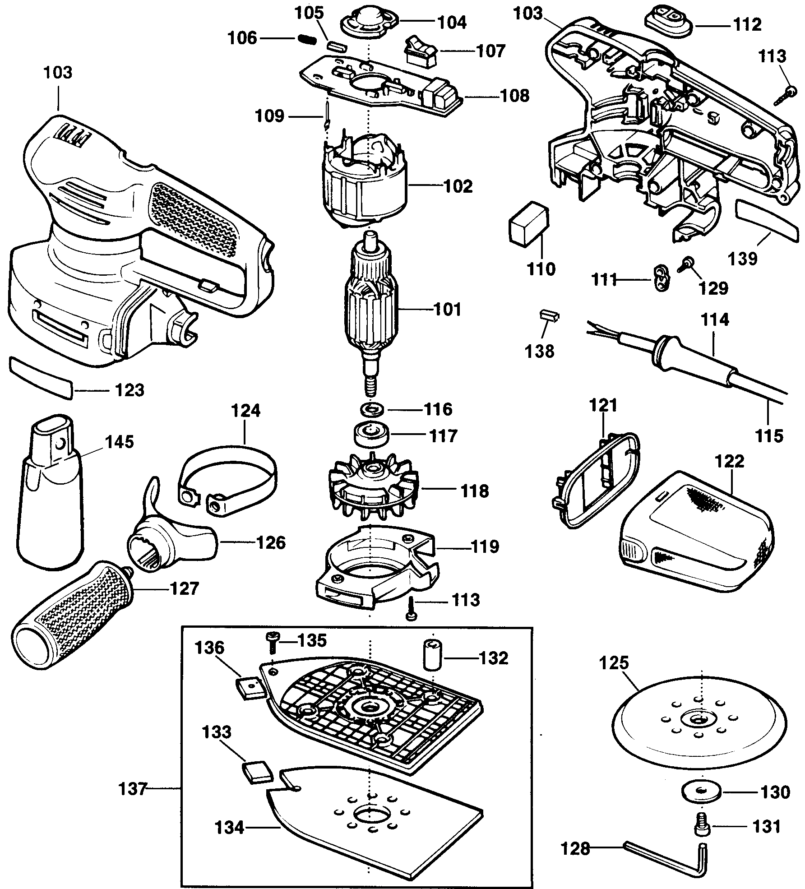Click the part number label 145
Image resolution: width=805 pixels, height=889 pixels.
click(x=120, y=442)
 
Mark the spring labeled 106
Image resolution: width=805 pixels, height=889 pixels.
click(x=307, y=39)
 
